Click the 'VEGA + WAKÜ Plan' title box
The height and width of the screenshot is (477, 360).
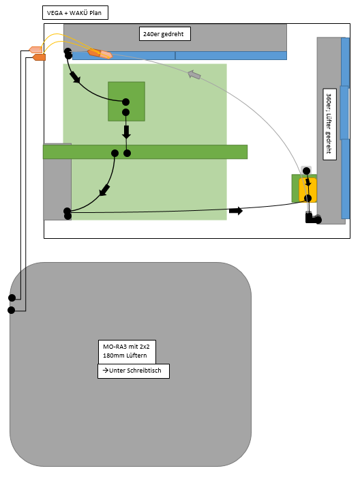point(75,13)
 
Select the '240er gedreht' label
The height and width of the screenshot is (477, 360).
point(165,33)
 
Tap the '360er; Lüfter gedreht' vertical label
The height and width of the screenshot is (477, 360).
point(329,124)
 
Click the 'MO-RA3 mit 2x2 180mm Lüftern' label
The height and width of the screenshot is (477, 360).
point(127,351)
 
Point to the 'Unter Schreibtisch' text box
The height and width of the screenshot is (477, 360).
point(134,371)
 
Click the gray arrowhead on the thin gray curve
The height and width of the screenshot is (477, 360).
point(194,74)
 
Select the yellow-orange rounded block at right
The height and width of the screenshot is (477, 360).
point(307,190)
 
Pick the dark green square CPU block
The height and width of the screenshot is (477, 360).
point(126,101)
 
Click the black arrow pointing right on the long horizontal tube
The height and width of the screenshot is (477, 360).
point(236,210)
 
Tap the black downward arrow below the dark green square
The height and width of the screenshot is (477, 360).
point(126,132)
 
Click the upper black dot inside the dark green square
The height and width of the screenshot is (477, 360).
point(125,102)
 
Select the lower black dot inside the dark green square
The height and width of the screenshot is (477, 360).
point(125,113)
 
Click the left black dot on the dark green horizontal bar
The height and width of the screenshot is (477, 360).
point(115,153)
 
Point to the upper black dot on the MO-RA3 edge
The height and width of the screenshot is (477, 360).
point(12,298)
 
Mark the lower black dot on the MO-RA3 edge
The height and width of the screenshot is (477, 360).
point(11,310)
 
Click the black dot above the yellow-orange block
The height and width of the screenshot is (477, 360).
point(307,171)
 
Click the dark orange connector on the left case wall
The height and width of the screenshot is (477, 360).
point(40,57)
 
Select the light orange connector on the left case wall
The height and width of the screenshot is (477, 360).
point(35,50)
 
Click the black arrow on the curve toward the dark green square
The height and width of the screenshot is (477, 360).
point(75,77)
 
